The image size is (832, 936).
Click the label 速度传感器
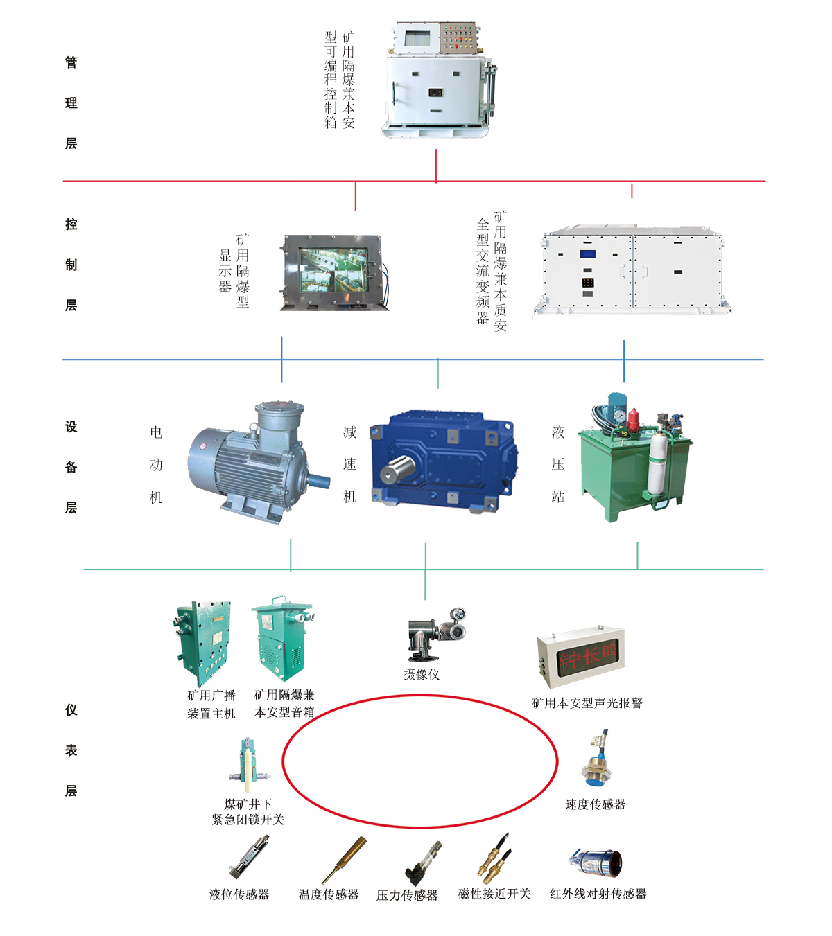click(596, 804)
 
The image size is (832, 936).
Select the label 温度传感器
click(329, 894)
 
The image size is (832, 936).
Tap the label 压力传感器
click(407, 895)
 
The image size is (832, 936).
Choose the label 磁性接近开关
click(494, 894)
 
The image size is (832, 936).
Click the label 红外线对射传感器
click(598, 894)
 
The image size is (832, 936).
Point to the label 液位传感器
click(239, 894)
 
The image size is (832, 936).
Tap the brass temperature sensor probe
click(345, 859)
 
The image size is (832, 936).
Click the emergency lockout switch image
click(248, 765)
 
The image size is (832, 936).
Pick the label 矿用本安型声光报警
click(587, 703)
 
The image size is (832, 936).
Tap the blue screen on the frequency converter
click(587, 254)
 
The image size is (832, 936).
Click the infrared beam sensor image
click(596, 863)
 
